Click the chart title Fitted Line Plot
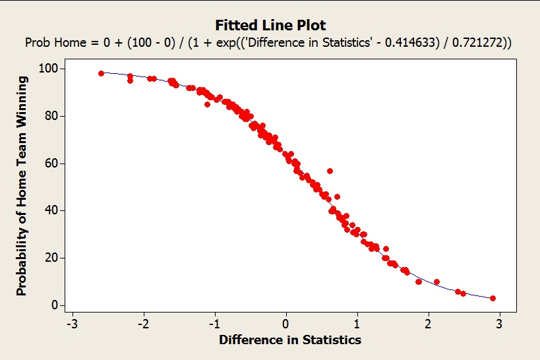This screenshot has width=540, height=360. pos(270,26)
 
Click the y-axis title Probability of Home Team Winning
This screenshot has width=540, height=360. pos(22,186)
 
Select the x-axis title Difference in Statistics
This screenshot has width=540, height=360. pos(290,340)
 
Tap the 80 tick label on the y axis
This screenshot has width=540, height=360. pos(50,116)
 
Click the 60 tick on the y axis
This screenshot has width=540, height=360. pos(50,163)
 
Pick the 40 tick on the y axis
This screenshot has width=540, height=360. pos(50,210)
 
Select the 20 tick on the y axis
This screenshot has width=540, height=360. pos(50,258)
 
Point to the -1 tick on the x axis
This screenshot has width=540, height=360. pos(214,324)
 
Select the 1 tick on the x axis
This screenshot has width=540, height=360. pos(357,324)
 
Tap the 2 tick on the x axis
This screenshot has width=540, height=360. pos(428,324)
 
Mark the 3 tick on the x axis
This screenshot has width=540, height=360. pos(499,324)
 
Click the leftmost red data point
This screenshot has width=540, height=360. pos(101,73)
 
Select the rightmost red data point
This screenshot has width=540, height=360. pos(493,298)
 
